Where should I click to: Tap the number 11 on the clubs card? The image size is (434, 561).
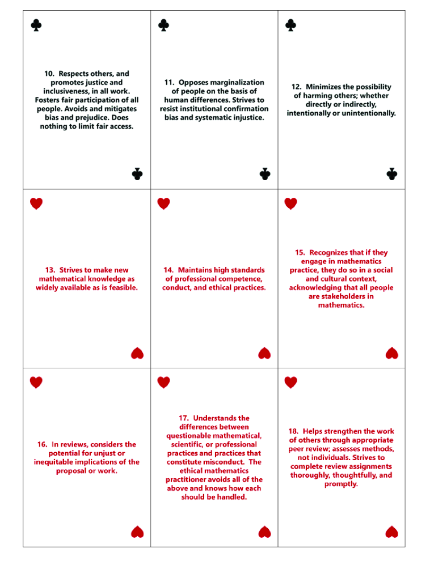(168, 82)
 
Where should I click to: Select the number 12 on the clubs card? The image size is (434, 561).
(296, 87)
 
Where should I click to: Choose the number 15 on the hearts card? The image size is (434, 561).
(300, 253)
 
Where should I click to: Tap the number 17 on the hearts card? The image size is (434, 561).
(184, 418)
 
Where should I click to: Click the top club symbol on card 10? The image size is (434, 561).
(36, 25)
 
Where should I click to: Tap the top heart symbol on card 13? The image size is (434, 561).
(36, 203)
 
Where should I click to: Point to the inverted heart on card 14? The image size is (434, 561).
(264, 354)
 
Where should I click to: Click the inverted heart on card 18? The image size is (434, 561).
(391, 532)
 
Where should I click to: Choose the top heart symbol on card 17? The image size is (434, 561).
(163, 382)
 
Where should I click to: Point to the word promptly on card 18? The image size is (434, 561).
(341, 484)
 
